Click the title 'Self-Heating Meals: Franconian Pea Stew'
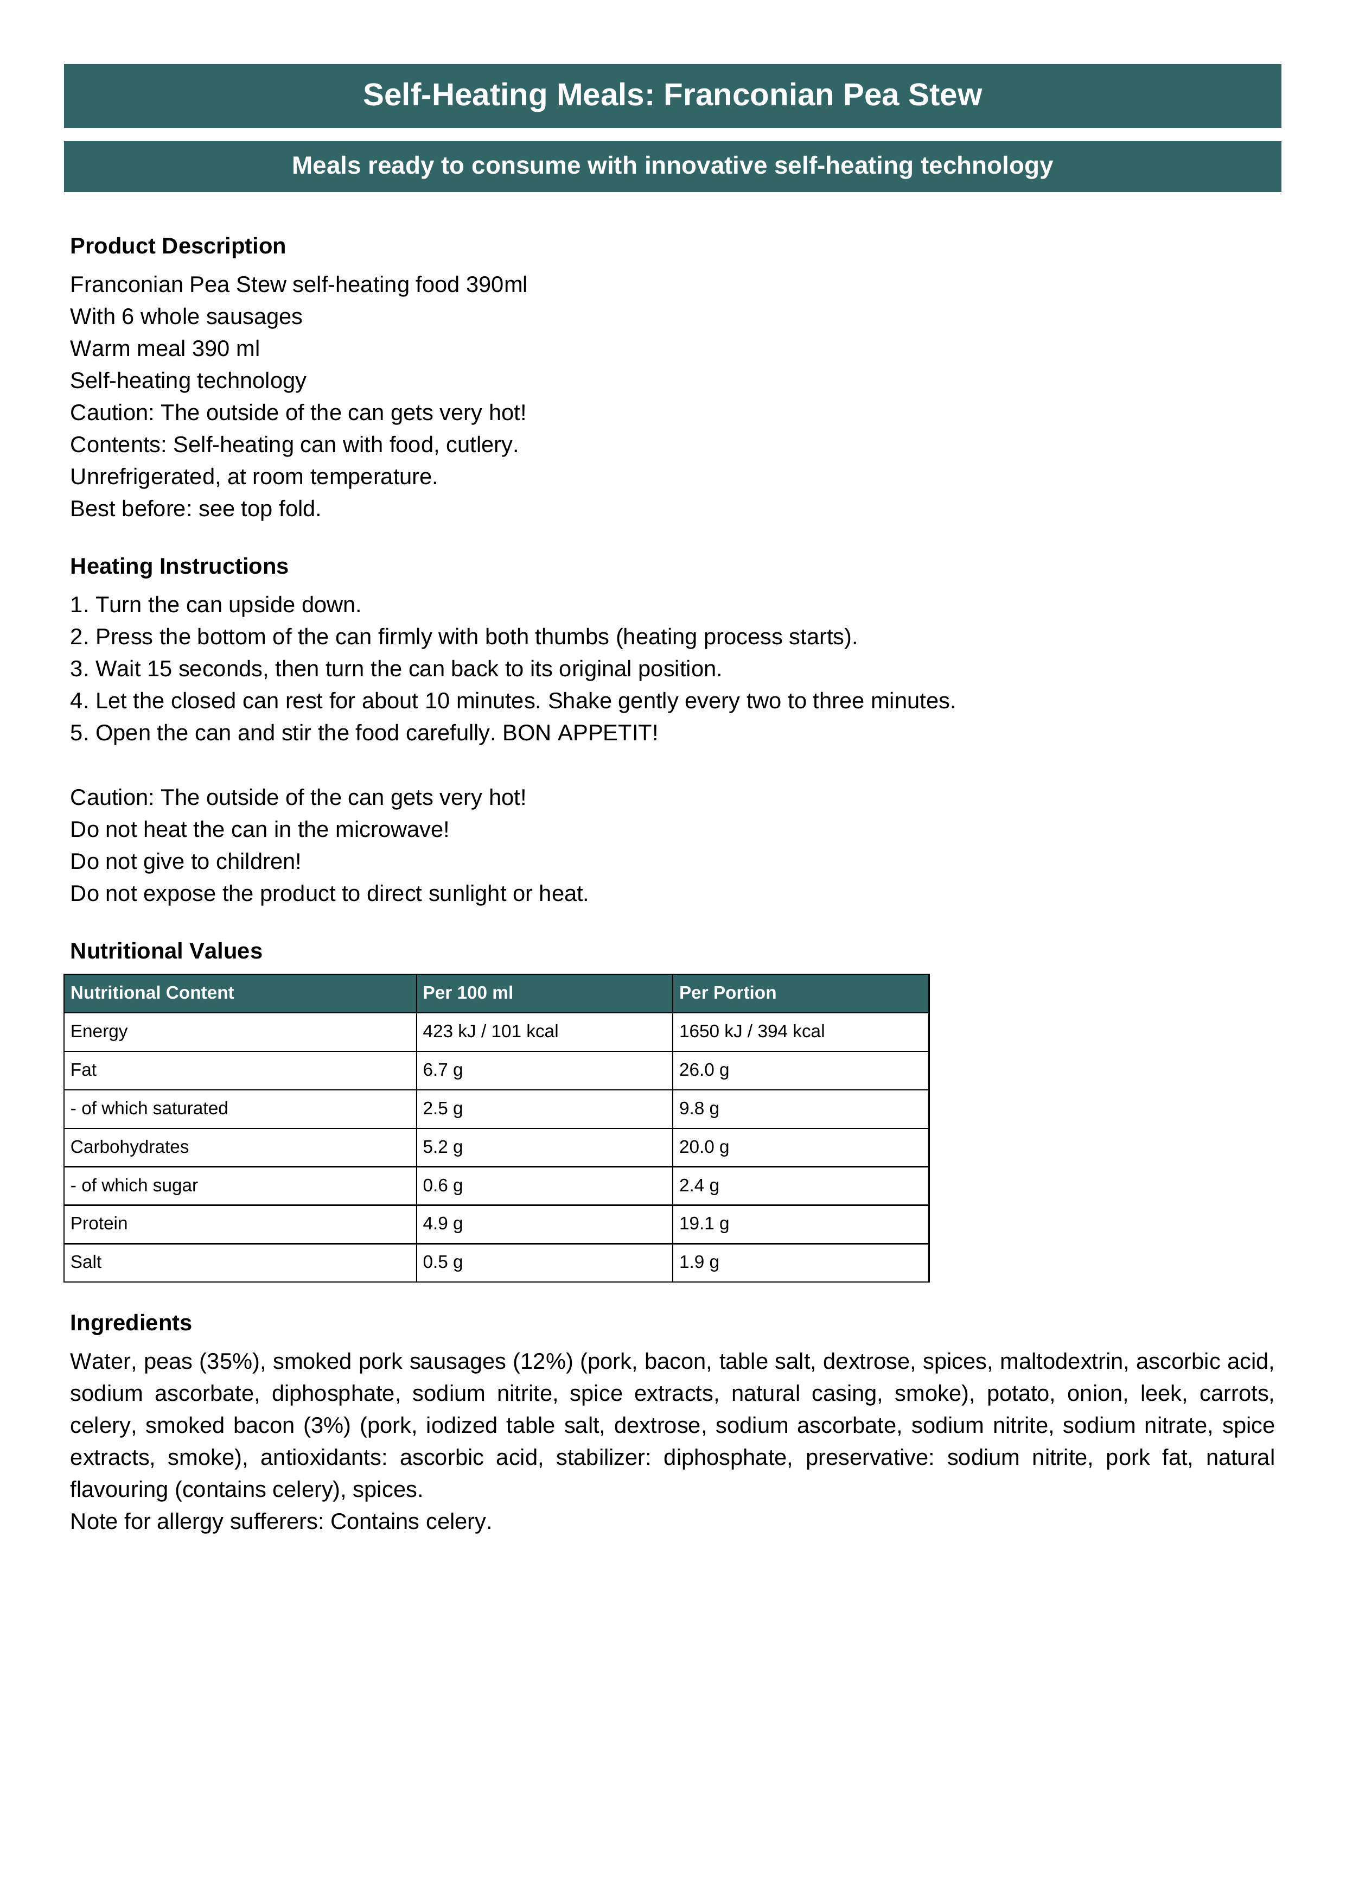(672, 96)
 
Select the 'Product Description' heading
(177, 246)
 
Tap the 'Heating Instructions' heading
(179, 567)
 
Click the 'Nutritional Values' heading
(166, 951)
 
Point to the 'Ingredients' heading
(131, 1323)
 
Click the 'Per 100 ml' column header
(468, 993)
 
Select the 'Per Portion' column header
(727, 993)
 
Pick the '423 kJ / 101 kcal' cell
(490, 1032)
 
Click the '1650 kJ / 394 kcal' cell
(751, 1032)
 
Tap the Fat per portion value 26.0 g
(704, 1070)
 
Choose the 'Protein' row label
(99, 1223)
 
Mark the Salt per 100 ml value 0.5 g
(443, 1262)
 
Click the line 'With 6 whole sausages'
(186, 317)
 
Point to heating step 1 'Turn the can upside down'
(215, 605)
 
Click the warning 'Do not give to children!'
(186, 861)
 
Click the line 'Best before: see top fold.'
(196, 509)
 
